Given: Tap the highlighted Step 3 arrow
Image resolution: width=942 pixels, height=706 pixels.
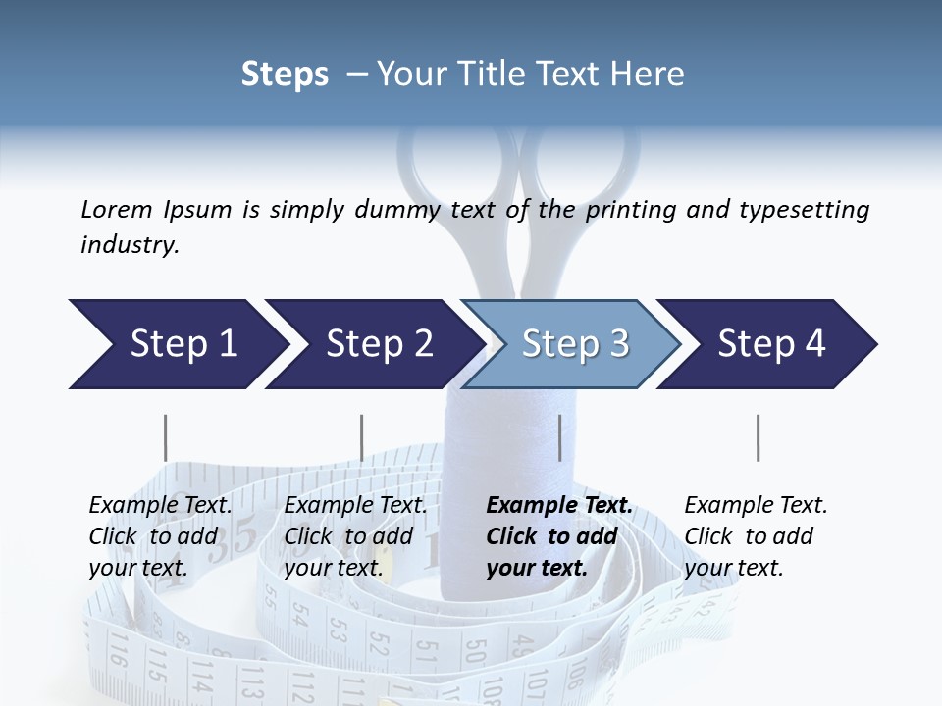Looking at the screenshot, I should (x=575, y=344).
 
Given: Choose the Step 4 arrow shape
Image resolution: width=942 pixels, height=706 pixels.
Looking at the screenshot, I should (x=771, y=344).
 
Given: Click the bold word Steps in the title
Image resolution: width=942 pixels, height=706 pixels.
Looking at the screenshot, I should (x=285, y=74).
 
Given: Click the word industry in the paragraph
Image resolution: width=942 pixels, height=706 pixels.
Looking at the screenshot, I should (x=129, y=245).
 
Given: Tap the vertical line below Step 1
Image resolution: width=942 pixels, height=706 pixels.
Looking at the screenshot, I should (x=165, y=437).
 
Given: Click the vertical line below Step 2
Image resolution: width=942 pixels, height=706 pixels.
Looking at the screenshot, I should (x=361, y=437).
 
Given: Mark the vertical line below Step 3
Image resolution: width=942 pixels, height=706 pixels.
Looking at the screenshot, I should (x=559, y=437).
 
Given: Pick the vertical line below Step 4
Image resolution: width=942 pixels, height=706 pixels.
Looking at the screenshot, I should (x=758, y=437).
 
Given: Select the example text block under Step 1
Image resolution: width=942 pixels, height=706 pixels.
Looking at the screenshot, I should (x=160, y=536).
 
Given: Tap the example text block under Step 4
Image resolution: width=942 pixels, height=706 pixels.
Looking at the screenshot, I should (x=756, y=536).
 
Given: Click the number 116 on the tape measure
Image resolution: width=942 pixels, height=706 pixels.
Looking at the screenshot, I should (x=118, y=649).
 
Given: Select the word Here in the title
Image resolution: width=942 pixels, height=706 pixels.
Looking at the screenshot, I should (x=647, y=74).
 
